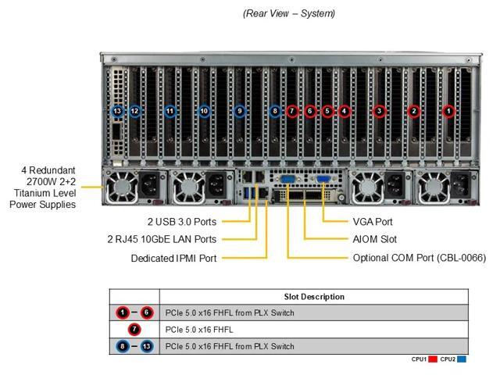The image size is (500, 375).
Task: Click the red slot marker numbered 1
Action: pos(448,111)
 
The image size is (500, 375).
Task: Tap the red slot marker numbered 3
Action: pos(379,111)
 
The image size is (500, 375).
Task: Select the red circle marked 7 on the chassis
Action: pos(291,111)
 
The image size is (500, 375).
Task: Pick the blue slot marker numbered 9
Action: pos(240,111)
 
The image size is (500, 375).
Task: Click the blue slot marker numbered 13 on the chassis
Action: pos(117,111)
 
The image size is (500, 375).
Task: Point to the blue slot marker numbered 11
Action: pos(170,111)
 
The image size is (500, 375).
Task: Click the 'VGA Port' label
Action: pos(373,221)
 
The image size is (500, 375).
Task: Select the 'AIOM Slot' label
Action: pos(375,239)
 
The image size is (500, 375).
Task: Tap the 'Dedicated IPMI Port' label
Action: pos(173,258)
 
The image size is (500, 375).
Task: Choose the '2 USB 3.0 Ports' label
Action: pos(182,221)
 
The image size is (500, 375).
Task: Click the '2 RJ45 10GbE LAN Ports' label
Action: pos(162,239)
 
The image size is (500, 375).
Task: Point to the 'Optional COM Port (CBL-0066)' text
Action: pos(419,258)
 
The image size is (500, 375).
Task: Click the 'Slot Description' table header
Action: pos(313,297)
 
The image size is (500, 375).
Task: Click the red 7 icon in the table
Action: pos(134,330)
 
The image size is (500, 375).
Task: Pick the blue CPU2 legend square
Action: pos(462,359)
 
